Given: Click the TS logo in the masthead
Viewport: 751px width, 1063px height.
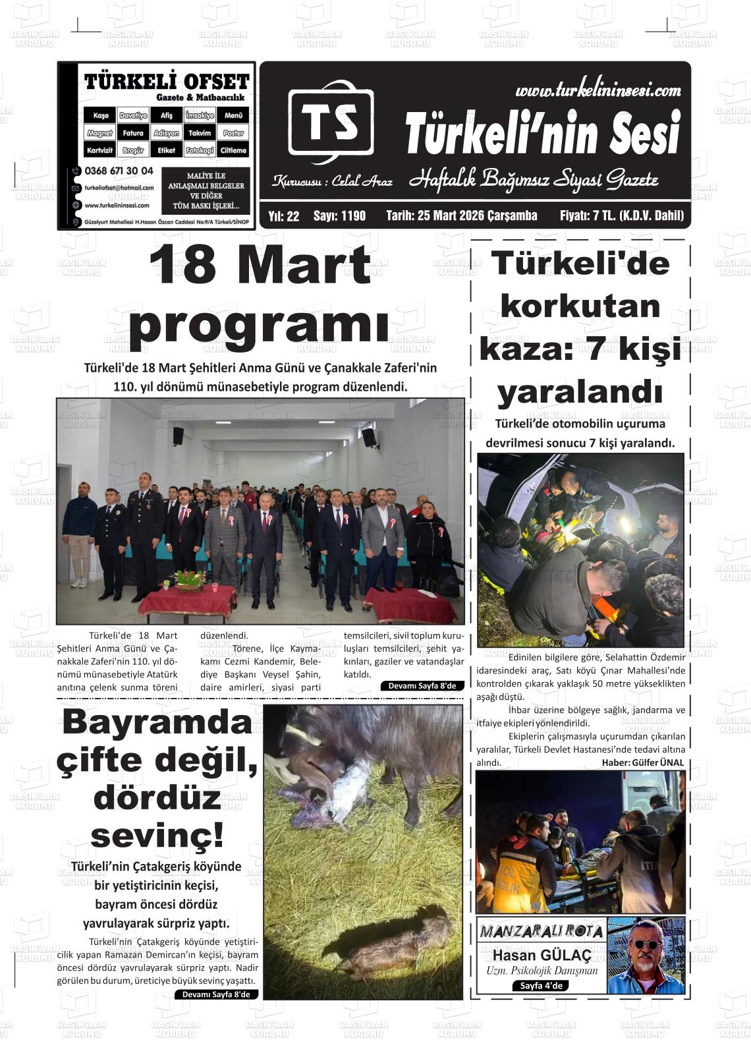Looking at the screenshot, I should (x=331, y=122).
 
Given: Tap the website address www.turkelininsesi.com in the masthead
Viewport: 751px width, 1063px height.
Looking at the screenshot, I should (x=598, y=91).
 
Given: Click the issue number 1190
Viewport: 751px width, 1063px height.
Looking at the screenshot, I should (x=339, y=215).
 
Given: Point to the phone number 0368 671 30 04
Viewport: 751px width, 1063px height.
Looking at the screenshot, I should (x=119, y=171).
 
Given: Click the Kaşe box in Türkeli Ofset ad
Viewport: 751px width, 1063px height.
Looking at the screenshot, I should (x=100, y=115).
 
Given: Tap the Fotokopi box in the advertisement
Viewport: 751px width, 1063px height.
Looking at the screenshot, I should (x=200, y=150).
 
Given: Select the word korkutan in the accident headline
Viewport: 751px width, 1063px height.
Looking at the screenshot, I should (x=580, y=306).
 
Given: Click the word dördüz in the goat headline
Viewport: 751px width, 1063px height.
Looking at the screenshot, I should (x=157, y=798).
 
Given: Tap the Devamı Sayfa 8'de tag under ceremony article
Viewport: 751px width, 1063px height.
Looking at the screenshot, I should (x=422, y=686).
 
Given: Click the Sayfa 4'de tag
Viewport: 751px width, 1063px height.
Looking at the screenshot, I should (x=540, y=986).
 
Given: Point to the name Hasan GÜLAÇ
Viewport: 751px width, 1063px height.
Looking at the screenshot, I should (x=542, y=955).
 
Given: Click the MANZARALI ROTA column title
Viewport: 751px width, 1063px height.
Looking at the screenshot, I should (x=542, y=931).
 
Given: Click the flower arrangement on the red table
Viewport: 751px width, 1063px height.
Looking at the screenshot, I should (x=188, y=579).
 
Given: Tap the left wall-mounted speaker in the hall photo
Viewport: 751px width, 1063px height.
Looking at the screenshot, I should (x=178, y=436).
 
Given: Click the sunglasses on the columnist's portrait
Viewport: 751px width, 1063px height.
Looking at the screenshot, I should (x=645, y=944).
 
